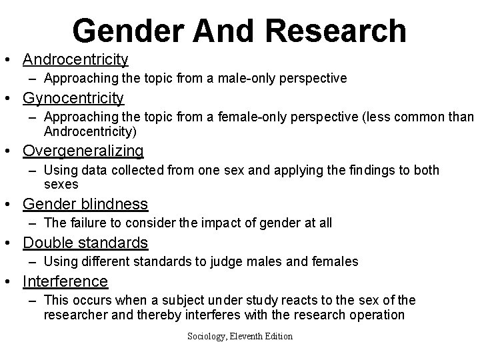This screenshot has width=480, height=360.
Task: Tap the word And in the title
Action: coord(219,31)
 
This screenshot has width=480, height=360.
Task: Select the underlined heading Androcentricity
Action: coord(75,59)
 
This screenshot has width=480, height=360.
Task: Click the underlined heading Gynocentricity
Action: coord(73,99)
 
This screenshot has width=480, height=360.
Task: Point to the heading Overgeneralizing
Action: coord(83,151)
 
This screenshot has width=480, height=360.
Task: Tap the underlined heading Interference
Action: coord(65,281)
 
